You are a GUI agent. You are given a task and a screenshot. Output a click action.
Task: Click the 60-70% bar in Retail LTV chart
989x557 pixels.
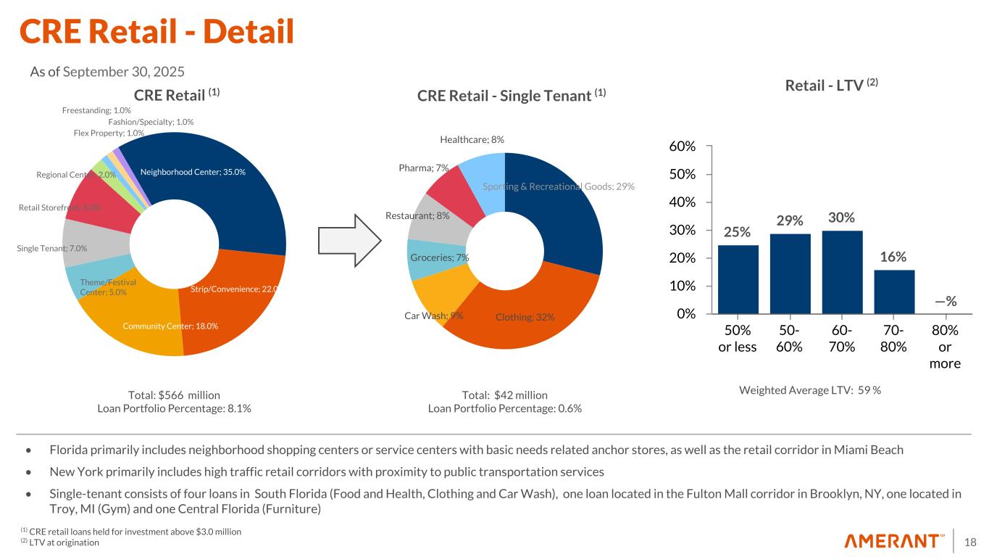pyautogui.click(x=842, y=272)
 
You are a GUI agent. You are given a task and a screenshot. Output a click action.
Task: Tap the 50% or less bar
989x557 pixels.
pyautogui.click(x=738, y=279)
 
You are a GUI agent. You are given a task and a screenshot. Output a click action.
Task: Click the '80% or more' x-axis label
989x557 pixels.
pyautogui.click(x=945, y=347)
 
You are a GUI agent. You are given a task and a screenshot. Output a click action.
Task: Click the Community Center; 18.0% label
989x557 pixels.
pyautogui.click(x=170, y=326)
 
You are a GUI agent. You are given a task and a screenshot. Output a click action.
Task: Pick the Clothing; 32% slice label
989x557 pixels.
pyautogui.click(x=525, y=317)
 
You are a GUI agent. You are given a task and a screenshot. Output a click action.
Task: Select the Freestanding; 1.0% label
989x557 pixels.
pyautogui.click(x=96, y=110)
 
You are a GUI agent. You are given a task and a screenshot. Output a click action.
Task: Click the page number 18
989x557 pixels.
pyautogui.click(x=971, y=541)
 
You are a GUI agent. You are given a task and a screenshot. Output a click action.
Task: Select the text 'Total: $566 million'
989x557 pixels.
pyautogui.click(x=174, y=395)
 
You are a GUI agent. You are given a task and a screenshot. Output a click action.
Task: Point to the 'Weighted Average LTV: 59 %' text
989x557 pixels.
pyautogui.click(x=810, y=390)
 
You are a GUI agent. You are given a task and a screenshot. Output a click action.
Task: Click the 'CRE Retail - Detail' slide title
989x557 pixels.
pyautogui.click(x=157, y=30)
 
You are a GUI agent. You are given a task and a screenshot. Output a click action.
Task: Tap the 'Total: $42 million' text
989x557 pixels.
pyautogui.click(x=504, y=395)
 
